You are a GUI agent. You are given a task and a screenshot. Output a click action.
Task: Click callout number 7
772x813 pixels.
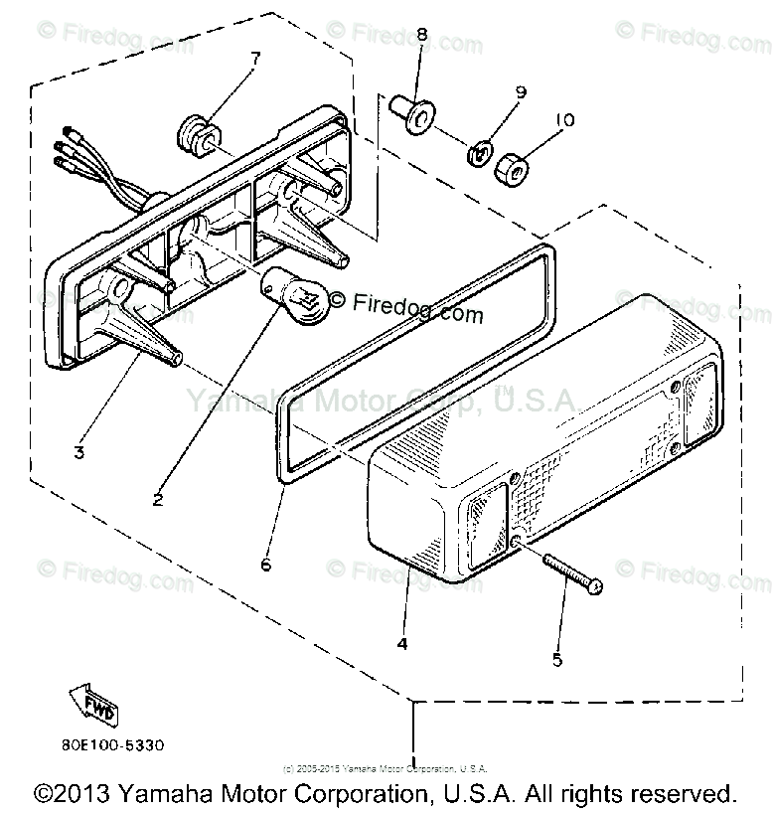click(x=255, y=58)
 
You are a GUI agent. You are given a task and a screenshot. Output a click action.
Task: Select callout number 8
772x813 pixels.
click(x=421, y=36)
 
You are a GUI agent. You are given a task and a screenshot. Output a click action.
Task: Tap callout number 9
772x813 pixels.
click(x=519, y=92)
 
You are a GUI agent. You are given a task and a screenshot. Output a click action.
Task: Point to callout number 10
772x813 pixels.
click(x=564, y=120)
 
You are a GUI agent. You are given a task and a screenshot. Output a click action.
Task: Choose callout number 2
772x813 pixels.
click(x=157, y=500)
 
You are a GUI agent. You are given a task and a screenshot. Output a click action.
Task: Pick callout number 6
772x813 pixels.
click(x=265, y=565)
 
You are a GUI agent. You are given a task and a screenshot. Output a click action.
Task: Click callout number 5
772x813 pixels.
click(x=556, y=658)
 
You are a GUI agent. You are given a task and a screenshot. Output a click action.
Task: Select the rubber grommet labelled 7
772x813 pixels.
click(x=196, y=132)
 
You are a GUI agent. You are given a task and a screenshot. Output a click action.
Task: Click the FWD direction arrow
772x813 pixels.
click(x=93, y=707)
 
